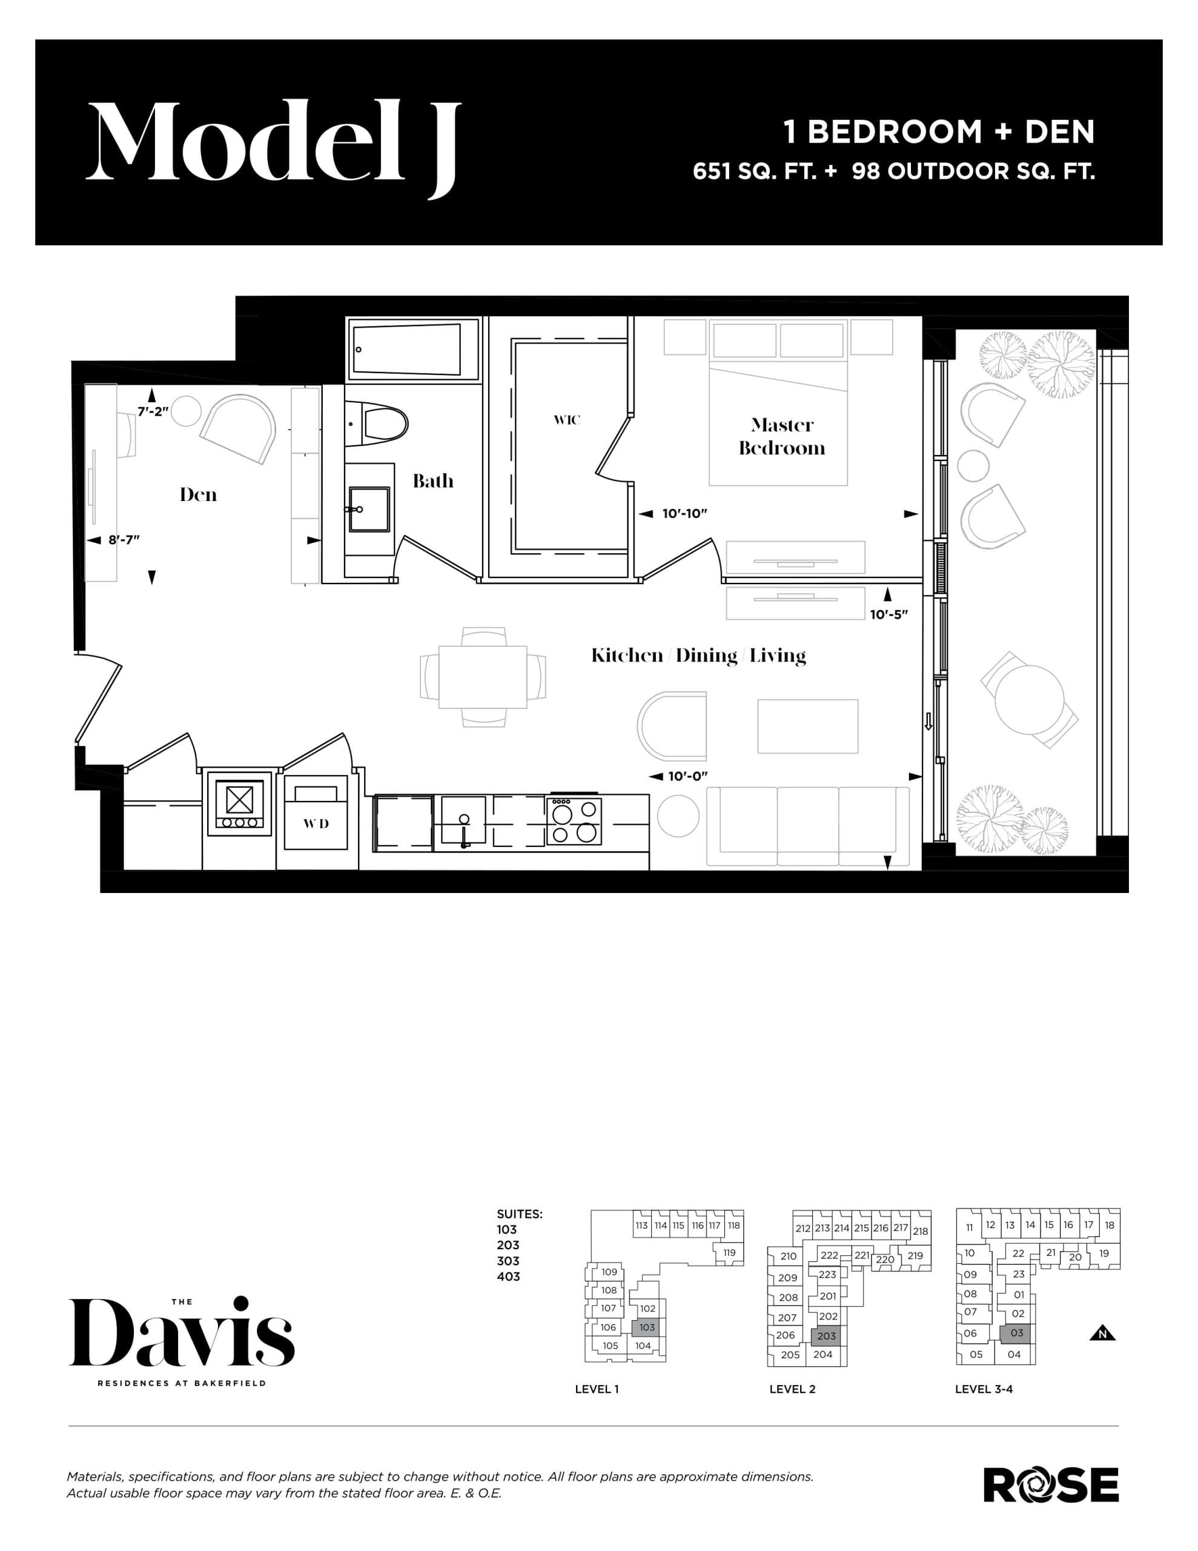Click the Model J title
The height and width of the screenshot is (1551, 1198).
coord(273,142)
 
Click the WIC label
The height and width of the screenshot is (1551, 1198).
coord(567,420)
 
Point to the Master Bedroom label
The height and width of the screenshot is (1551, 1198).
coord(781,436)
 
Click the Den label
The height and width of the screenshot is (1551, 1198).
coord(198,494)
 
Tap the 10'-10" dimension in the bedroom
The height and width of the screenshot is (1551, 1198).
coord(684,513)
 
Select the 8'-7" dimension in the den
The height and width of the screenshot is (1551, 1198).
coord(124,540)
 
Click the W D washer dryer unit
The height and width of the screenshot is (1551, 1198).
coord(316,822)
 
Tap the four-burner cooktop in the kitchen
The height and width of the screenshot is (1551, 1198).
coord(574,821)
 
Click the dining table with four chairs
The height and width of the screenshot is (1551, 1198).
coord(483,677)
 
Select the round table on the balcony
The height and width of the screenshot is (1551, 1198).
coord(1029,700)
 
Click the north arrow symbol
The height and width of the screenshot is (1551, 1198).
coord(1102,1333)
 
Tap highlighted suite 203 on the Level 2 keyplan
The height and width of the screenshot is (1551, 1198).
coord(826,1336)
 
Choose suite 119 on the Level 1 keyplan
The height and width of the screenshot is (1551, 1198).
coord(729,1253)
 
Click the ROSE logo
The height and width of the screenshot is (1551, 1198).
coord(1050,1486)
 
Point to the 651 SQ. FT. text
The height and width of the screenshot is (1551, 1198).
coord(754,171)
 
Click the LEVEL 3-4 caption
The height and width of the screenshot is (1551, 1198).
coord(984,1389)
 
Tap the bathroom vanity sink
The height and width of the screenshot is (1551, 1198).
coord(369,508)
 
